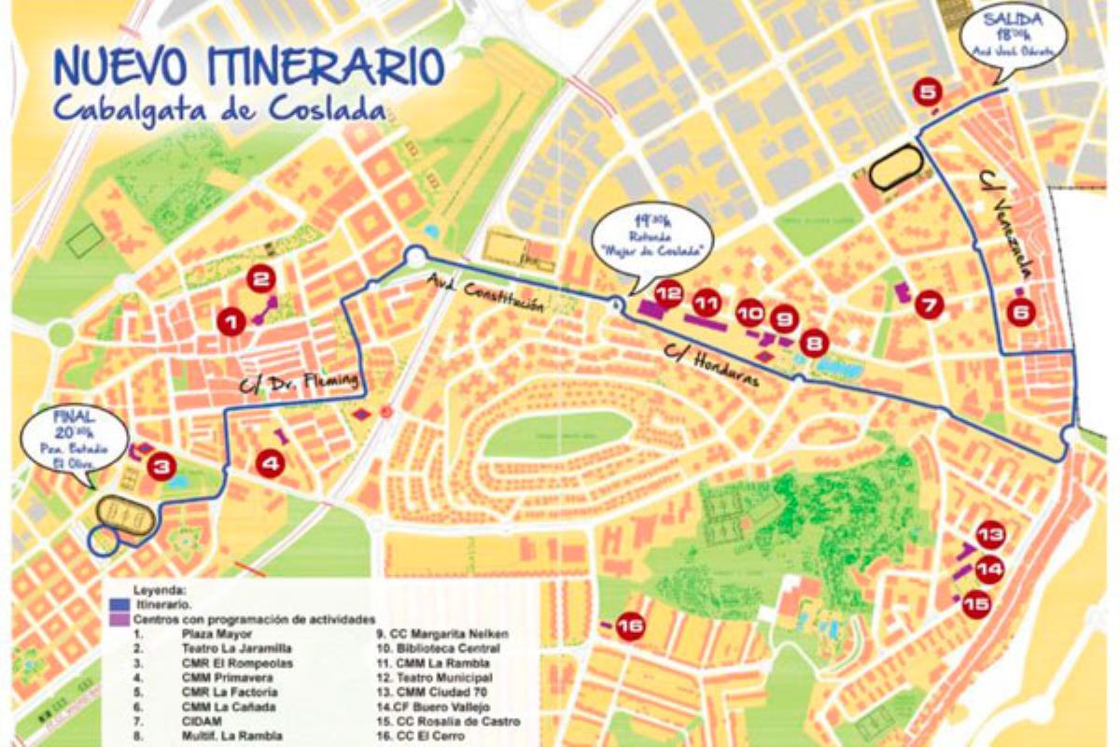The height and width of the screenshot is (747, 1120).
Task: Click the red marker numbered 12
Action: pos(668,293)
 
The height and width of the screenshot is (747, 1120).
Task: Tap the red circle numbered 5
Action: pos(929,92)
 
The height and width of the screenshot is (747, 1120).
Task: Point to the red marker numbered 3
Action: pos(162,466)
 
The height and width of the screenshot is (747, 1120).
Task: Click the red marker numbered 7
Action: pos(930,303)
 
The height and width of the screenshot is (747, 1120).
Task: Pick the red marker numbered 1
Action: pos(231,322)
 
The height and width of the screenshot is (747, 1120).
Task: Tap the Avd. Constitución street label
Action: pos(484,293)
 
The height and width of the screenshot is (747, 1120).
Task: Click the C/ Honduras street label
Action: pos(711,366)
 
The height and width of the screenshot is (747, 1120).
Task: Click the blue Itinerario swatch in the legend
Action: pos(119,605)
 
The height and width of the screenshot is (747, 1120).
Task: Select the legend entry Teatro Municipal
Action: pos(435,677)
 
